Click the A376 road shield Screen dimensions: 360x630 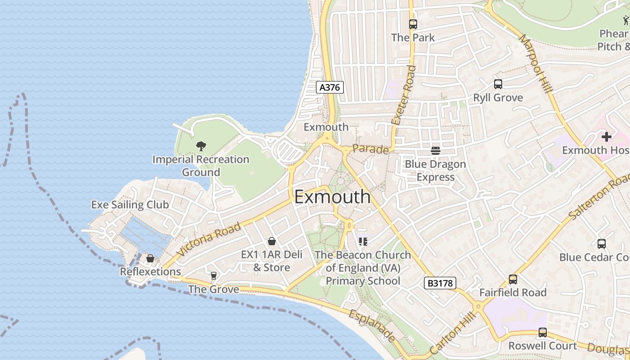point(329,87)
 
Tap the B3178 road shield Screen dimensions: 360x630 point(440,283)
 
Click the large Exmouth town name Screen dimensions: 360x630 point(333,197)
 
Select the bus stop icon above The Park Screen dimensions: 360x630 point(413,24)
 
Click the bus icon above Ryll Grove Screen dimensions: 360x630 point(498,84)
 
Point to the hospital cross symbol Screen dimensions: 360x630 point(606,136)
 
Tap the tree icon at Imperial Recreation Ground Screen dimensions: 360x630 point(201,146)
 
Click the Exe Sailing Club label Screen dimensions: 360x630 point(130,205)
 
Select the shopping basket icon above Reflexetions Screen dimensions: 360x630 point(150,259)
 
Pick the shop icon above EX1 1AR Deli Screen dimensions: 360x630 point(271,242)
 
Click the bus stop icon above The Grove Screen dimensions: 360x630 point(214,275)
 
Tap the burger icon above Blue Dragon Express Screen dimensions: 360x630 point(435,150)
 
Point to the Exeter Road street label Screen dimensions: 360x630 point(404,95)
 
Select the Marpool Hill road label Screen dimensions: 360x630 point(536,63)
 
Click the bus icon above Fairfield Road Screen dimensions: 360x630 point(513,279)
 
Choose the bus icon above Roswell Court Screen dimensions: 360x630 point(543,333)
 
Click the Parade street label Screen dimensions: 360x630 point(370,149)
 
